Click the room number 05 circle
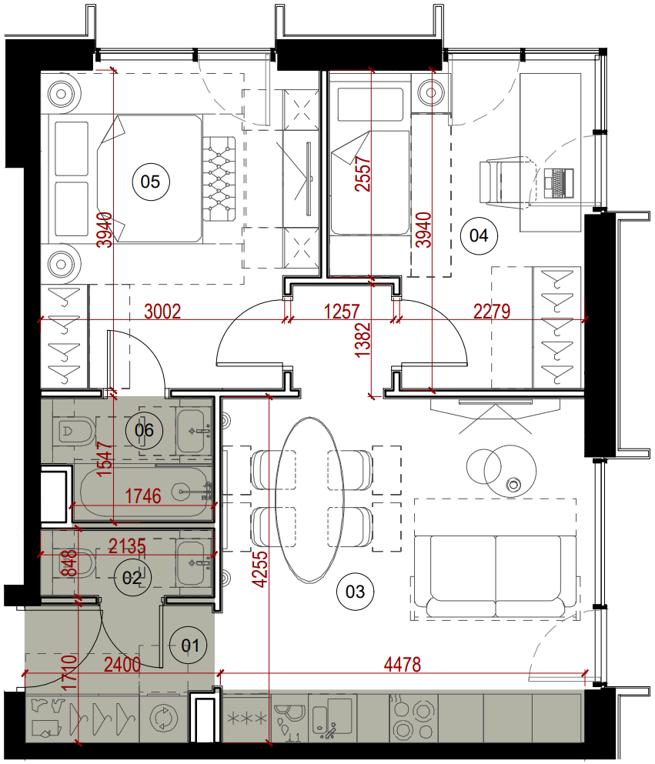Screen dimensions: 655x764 point(150,182)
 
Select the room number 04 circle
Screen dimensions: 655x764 point(479,236)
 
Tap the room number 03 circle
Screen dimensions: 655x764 point(355,592)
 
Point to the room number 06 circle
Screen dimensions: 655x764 point(144,430)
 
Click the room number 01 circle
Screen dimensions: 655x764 point(189,646)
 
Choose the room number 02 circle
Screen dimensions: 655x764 point(132,579)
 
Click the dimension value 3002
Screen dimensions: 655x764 point(162,312)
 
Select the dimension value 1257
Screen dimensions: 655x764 point(342,312)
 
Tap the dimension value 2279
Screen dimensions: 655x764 point(492,312)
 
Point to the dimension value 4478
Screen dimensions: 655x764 point(402,664)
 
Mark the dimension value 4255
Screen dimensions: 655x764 point(261,569)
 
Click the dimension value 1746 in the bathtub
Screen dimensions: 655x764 point(143,496)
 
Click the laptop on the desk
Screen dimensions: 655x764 point(559,182)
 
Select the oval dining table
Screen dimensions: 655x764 point(310,499)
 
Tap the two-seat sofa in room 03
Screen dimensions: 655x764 point(496,577)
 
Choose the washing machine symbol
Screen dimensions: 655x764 point(163,718)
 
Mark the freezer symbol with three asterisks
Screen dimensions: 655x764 point(247,718)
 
